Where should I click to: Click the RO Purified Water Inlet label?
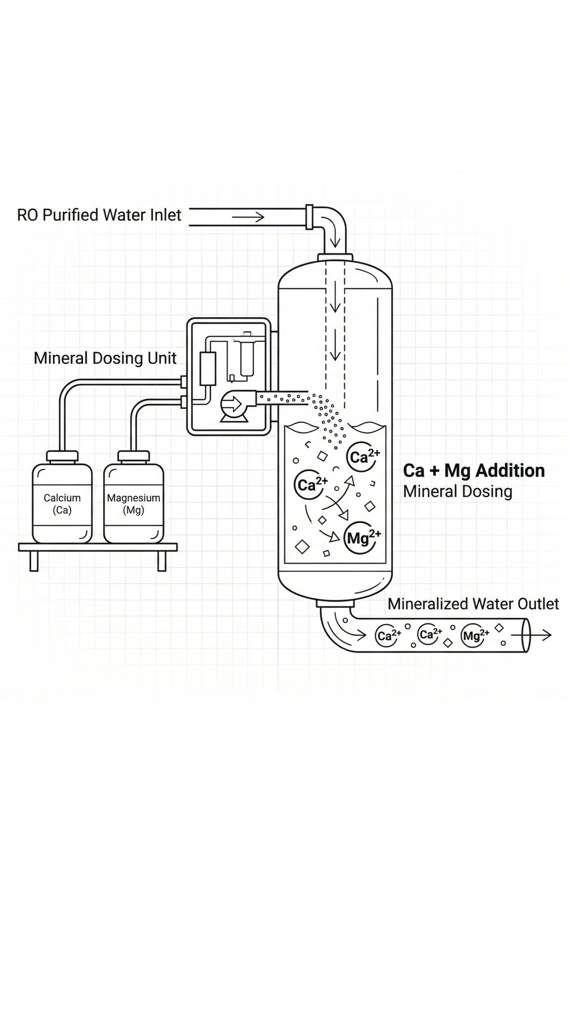pos(99,215)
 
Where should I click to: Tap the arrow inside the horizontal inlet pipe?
pos(248,217)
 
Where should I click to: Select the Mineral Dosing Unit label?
pos(105,358)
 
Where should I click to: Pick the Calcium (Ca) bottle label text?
pos(62,504)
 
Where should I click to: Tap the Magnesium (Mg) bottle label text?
pos(133,504)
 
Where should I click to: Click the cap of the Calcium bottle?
pos(62,456)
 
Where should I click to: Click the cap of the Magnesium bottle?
pos(134,456)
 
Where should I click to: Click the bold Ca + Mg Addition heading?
pos(474,471)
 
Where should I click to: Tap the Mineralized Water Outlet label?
pos(473,604)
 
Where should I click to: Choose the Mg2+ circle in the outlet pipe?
pos(476,636)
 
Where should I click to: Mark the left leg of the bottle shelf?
pos(34,561)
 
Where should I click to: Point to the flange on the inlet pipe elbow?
pos(309,217)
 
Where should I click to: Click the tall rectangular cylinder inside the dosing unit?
pos(208,368)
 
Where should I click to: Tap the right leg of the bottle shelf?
pos(162,561)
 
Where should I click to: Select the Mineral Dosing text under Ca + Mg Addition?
pos(458,492)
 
